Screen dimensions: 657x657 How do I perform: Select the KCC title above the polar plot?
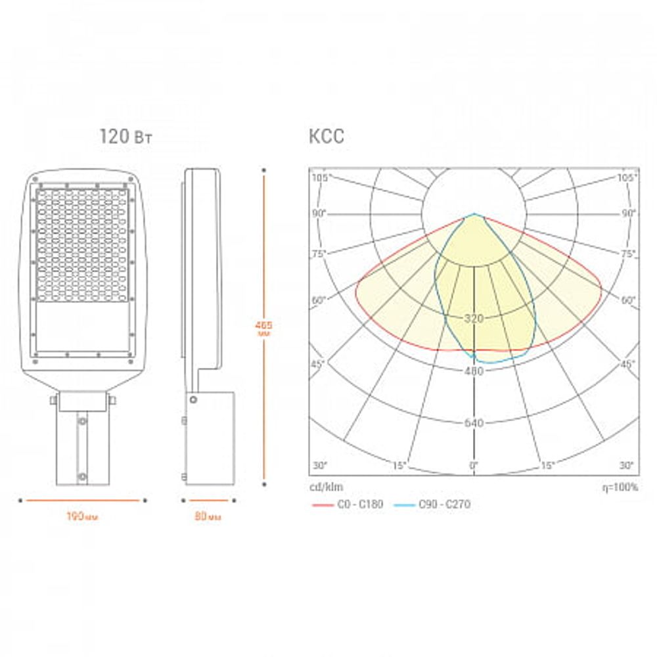pyautogui.click(x=326, y=137)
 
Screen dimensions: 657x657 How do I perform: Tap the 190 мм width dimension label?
pyautogui.click(x=82, y=516)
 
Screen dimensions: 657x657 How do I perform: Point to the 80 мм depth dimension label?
pyautogui.click(x=208, y=516)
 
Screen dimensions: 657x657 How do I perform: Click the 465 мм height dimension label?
pyautogui.click(x=263, y=328)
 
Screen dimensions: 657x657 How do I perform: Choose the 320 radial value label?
pyautogui.click(x=473, y=319)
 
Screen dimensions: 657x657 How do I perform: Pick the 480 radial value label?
pyautogui.click(x=473, y=371)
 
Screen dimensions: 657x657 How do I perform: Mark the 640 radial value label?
pyautogui.click(x=473, y=423)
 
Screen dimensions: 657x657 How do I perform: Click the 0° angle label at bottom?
pyautogui.click(x=473, y=466)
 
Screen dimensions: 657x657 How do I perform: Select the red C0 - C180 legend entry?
pyautogui.click(x=347, y=505)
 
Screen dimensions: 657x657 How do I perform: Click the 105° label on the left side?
pyautogui.click(x=320, y=178)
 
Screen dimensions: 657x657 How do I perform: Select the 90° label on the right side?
pyautogui.click(x=629, y=214)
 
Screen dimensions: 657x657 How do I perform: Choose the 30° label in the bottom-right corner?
pyautogui.click(x=627, y=466)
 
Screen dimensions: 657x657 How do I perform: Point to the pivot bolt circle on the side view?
pyautogui.click(x=193, y=399)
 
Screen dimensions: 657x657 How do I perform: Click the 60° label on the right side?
pyautogui.click(x=629, y=300)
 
